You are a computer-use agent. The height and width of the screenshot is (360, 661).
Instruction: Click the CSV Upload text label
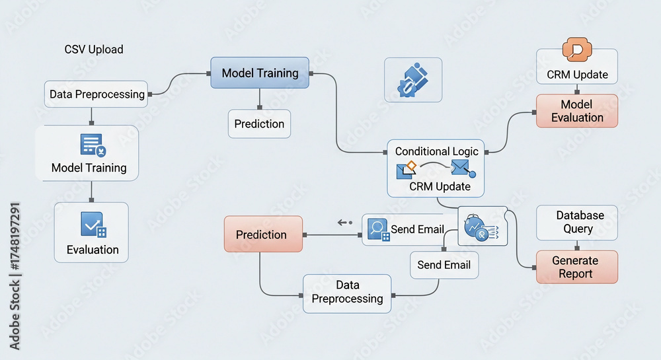pos(94,50)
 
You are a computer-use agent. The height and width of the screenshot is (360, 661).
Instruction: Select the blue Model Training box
pos(260,73)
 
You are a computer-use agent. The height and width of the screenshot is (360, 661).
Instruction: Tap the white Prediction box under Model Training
pos(259,124)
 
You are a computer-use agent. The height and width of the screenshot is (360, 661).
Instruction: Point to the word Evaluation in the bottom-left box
pos(93,250)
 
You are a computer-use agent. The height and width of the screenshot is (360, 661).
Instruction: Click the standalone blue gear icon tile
pos(413,80)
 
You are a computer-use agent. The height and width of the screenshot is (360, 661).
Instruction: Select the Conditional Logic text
pos(436,151)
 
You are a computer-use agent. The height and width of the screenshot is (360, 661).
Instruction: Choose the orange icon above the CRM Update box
pos(576,51)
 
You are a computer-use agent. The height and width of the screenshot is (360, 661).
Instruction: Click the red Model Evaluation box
pos(576,111)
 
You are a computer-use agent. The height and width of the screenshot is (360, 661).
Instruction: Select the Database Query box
pos(576,223)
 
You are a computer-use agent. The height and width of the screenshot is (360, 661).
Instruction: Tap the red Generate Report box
pos(576,267)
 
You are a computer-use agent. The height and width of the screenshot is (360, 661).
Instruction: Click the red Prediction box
pos(263,234)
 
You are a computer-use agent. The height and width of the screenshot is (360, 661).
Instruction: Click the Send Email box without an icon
pos(444,265)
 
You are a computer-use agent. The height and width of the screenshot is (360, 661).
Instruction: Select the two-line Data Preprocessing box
pos(347,292)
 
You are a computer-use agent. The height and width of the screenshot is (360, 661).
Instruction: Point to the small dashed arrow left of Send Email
pos(345,223)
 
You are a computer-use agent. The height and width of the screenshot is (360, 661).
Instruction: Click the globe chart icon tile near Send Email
pos(481,228)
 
